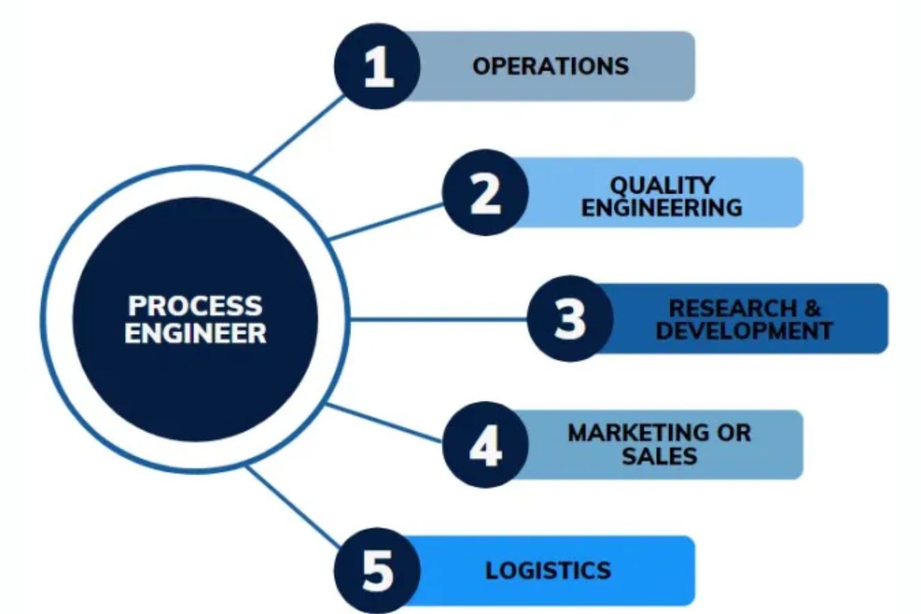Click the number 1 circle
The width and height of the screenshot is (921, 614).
[377, 66]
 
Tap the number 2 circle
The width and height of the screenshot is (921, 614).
[485, 193]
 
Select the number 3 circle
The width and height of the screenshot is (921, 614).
[570, 318]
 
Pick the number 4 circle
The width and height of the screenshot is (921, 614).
[485, 445]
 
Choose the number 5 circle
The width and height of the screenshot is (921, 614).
[377, 570]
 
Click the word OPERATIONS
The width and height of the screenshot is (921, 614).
[550, 66]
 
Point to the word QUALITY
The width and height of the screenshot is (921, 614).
[662, 184]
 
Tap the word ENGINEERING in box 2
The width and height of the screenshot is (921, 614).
[662, 208]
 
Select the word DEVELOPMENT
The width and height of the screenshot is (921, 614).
[744, 331]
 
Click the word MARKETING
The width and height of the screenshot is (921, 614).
[639, 433]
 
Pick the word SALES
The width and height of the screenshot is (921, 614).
[659, 456]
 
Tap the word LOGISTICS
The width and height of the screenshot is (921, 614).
[548, 570]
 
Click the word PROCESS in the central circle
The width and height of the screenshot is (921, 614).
[195, 305]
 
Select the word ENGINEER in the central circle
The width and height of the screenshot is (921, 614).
[195, 333]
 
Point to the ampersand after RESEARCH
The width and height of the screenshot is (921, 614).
[812, 308]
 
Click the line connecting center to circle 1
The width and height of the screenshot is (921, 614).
[298, 134]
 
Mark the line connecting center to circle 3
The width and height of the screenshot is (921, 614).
[436, 319]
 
